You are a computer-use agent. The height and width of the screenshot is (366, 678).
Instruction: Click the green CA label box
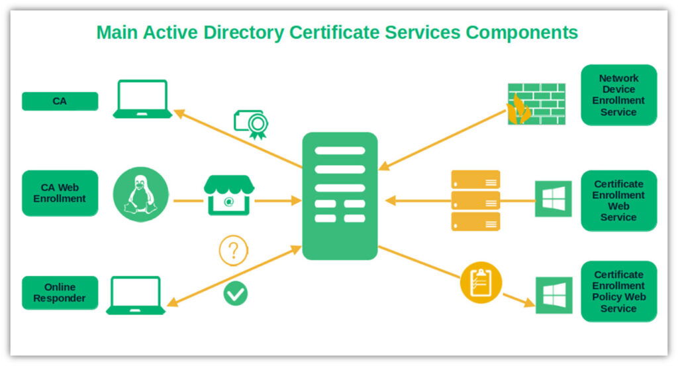click(x=60, y=101)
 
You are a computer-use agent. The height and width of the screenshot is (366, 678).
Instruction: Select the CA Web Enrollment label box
click(x=60, y=193)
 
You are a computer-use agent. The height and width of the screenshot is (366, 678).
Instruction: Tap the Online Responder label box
click(x=60, y=292)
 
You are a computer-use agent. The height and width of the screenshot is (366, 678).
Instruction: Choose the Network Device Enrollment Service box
click(x=618, y=95)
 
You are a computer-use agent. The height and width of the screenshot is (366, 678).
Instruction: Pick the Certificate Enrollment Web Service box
click(x=618, y=200)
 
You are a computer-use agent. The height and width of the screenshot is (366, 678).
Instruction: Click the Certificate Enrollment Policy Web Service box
click(x=618, y=291)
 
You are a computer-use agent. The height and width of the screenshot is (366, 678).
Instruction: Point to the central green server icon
click(x=340, y=196)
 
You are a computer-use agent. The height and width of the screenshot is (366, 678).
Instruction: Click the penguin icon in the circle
click(x=140, y=194)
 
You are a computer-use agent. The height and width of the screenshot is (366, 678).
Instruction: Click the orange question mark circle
click(x=233, y=251)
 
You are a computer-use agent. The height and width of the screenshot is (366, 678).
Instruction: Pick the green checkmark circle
click(x=235, y=292)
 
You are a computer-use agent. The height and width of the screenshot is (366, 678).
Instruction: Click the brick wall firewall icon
click(x=536, y=103)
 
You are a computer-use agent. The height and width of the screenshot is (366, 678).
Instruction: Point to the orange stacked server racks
click(x=475, y=200)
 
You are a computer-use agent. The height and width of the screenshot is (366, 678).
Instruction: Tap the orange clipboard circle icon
click(x=481, y=282)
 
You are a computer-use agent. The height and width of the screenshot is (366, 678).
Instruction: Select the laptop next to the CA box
click(x=142, y=99)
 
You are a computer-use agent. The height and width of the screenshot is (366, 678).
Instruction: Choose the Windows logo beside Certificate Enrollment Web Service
click(x=553, y=199)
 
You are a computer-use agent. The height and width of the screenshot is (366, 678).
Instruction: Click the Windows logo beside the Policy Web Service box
click(x=553, y=295)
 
